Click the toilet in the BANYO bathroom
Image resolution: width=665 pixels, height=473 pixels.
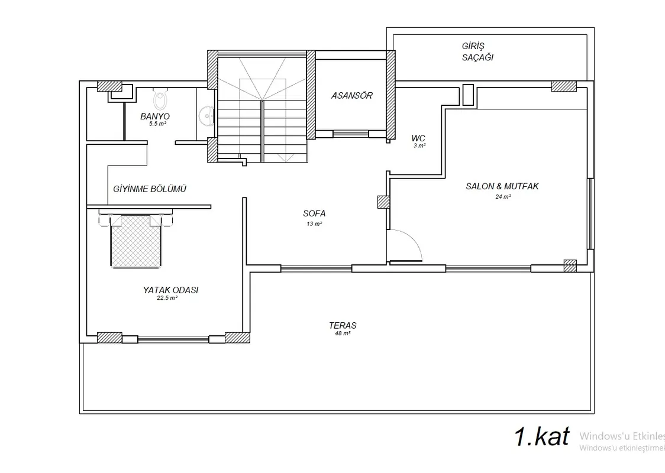(x=160, y=98)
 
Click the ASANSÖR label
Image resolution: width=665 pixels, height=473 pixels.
(x=351, y=96)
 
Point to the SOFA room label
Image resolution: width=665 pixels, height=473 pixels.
(x=314, y=213)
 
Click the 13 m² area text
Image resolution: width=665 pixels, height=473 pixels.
(x=314, y=223)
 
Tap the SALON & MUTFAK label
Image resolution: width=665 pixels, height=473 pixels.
(x=502, y=186)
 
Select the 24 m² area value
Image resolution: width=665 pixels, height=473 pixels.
(x=503, y=197)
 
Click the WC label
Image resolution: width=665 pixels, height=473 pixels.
(x=418, y=138)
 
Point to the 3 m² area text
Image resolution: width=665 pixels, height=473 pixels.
(x=419, y=146)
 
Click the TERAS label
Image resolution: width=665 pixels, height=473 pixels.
(x=343, y=326)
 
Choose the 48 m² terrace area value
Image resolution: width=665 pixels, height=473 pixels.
(x=343, y=333)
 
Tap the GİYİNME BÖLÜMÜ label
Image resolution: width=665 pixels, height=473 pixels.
(x=150, y=189)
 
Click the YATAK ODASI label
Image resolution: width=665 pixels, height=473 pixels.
(x=170, y=290)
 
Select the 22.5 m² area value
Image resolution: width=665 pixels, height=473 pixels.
(x=167, y=298)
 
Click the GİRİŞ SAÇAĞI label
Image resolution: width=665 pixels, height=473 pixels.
(x=477, y=51)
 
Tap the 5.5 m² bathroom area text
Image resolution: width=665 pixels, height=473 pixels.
(x=157, y=124)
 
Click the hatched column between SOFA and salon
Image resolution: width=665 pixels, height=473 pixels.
(x=383, y=202)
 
